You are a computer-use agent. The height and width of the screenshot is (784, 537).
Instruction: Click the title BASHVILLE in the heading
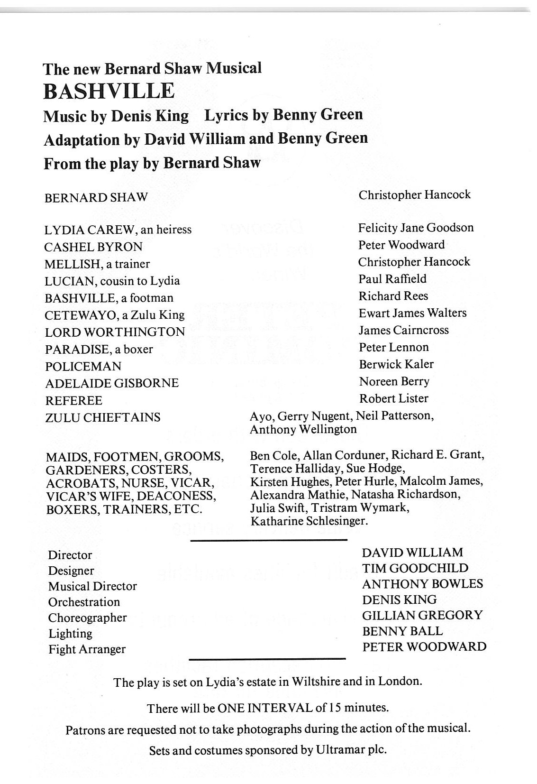[109, 91]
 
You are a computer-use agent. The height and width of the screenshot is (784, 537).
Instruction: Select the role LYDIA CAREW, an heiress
[118, 230]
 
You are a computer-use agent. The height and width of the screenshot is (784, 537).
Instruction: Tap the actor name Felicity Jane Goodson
[416, 228]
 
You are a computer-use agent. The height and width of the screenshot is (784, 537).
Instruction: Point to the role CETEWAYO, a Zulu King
[115, 315]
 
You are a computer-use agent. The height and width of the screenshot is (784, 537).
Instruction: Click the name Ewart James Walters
[412, 313]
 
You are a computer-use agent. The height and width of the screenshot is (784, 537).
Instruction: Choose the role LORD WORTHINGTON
[115, 332]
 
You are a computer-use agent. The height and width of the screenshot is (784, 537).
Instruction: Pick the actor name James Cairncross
[404, 330]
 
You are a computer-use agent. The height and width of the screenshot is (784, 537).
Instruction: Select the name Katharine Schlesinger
[309, 521]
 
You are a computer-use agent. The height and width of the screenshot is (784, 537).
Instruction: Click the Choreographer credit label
[88, 618]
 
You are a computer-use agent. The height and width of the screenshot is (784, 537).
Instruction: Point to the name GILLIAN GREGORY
[422, 615]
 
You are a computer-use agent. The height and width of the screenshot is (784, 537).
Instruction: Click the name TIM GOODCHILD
[415, 568]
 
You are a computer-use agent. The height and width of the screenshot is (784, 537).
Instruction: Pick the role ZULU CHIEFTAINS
[103, 417]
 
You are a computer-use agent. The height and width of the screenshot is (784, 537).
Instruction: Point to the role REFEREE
[73, 401]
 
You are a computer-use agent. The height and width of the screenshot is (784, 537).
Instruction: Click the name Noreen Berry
[394, 381]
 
